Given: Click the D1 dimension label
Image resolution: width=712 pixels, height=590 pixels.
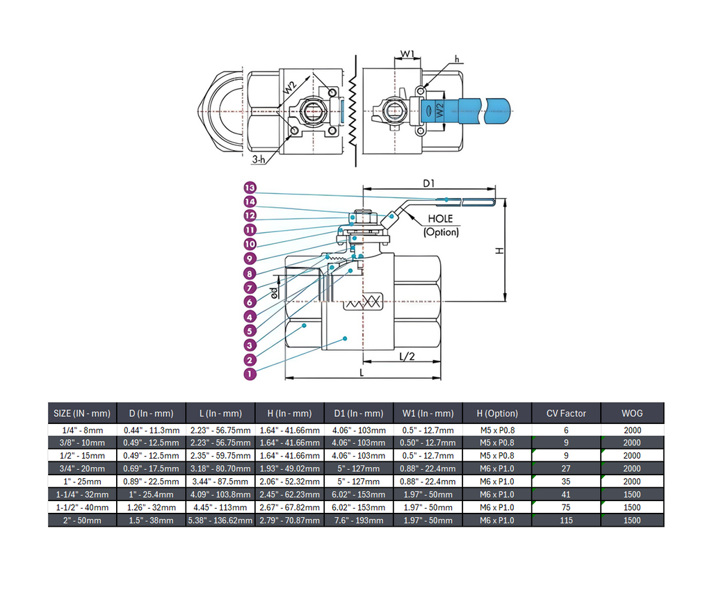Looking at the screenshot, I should (429, 183).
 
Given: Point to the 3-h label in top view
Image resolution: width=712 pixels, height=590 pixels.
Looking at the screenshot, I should (259, 159).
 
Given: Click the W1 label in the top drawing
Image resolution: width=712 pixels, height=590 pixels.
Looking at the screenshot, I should (407, 54).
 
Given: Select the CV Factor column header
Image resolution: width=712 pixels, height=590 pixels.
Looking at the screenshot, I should (566, 413).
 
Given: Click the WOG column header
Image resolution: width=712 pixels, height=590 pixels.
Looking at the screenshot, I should (632, 413).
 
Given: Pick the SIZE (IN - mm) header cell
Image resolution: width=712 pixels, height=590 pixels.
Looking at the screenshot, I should (82, 413).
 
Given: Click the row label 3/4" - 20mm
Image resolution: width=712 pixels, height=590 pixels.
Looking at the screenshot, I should (82, 468).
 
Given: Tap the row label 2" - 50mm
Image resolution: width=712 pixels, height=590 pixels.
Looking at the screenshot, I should (82, 520).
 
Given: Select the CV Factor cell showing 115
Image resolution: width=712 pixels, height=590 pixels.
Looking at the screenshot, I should (566, 520).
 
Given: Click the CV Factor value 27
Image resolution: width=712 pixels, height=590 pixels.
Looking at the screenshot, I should (566, 468).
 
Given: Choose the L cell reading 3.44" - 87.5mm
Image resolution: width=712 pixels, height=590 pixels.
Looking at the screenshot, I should (220, 481).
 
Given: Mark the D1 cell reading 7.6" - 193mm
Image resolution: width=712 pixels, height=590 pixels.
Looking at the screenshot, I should (358, 520).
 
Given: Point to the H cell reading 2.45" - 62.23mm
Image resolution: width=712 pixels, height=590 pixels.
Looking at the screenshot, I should (289, 494).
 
